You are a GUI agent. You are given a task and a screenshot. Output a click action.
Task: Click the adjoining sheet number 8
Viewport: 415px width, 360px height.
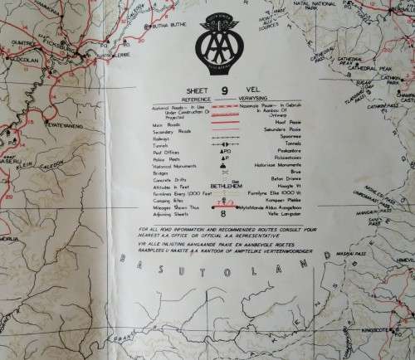coord(221,212)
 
